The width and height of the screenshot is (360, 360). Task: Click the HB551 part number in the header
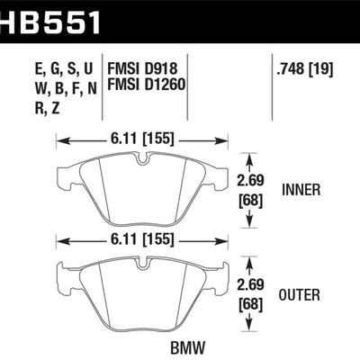pyautogui.click(x=49, y=22)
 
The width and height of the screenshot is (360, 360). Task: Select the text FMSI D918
pyautogui.click(x=142, y=68)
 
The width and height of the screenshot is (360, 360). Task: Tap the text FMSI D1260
pyautogui.click(x=146, y=85)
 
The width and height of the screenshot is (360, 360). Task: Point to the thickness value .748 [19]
pyautogui.click(x=305, y=69)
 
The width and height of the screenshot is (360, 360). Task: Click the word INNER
pyautogui.click(x=301, y=190)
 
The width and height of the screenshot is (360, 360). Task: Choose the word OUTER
pyautogui.click(x=300, y=295)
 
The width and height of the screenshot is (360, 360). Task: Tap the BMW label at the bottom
pyautogui.click(x=188, y=348)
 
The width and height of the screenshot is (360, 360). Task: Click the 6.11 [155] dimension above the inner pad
pyautogui.click(x=142, y=139)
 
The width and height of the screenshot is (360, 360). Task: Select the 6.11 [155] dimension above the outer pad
pyautogui.click(x=142, y=239)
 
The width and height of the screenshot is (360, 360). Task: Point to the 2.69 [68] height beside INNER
pyautogui.click(x=250, y=191)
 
